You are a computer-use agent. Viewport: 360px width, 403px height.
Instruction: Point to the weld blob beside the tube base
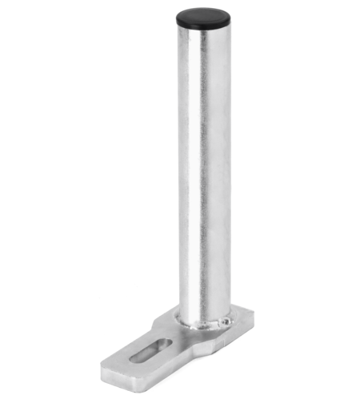click(x=227, y=322)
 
